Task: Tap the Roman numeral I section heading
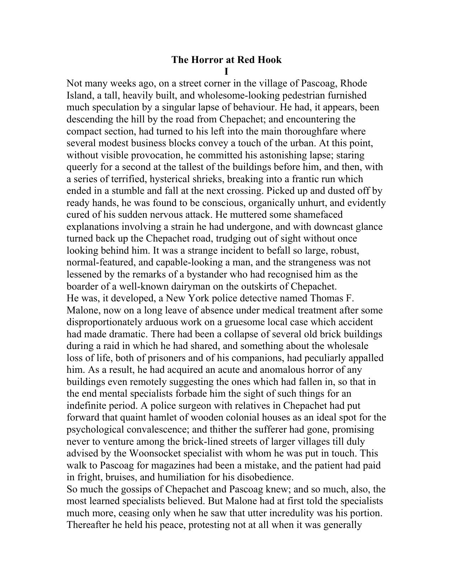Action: pyautogui.click(x=226, y=72)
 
